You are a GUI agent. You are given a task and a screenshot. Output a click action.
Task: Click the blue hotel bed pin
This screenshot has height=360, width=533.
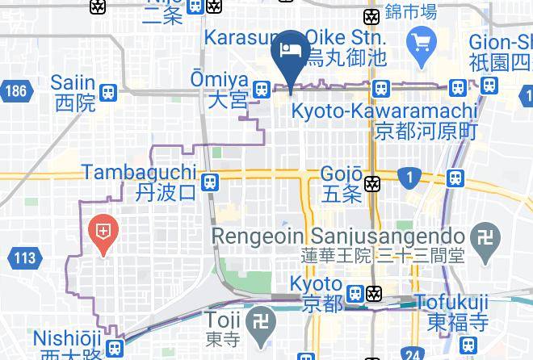(x=289, y=51)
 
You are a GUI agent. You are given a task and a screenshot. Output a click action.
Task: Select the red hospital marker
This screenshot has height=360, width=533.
(x=103, y=232)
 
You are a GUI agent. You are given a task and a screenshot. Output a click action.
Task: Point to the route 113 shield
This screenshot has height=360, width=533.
(x=24, y=258)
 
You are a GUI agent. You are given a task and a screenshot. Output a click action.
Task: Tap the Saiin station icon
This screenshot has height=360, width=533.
(x=108, y=93)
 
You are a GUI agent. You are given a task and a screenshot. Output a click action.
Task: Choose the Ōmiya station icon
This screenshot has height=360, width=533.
(x=261, y=90)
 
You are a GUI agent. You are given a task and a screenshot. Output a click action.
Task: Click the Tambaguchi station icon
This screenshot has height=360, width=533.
(x=210, y=182)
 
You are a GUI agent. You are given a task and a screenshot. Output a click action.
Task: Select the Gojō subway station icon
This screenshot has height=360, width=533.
(x=372, y=184)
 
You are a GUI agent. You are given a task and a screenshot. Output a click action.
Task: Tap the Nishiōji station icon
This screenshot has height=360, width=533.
(x=115, y=349)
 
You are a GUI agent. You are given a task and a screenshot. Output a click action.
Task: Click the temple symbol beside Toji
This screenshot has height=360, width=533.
(x=261, y=321)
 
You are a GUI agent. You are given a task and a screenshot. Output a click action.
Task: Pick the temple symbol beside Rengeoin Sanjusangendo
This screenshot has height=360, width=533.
(x=484, y=245)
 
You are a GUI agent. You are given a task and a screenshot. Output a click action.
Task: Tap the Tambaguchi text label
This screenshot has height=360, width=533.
(x=139, y=173)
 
